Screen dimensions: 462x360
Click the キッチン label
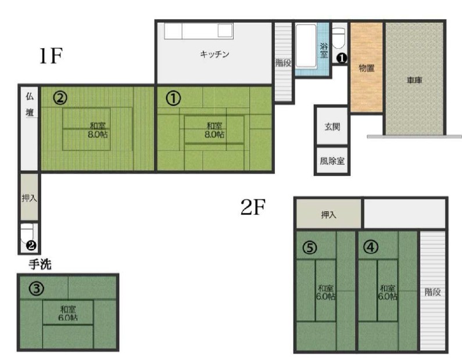click(214, 54)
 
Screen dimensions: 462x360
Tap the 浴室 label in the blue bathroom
click(324, 51)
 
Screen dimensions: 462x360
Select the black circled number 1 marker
click(342, 58)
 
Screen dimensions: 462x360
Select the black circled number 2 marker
click(31, 245)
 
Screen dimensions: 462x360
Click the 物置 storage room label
click(367, 69)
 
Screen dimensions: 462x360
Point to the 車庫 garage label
click(414, 80)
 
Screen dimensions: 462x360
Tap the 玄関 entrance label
click(332, 127)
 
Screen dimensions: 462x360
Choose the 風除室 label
click(332, 161)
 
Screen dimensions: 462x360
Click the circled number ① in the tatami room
click(173, 98)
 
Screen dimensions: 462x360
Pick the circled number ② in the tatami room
click(60, 98)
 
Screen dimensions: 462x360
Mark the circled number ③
click(37, 289)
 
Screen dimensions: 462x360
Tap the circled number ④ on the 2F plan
click(371, 247)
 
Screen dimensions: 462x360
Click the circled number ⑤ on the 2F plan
click(310, 247)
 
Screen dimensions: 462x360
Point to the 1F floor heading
click(51, 56)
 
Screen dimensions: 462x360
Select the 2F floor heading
click(253, 207)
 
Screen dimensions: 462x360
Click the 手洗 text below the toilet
click(40, 264)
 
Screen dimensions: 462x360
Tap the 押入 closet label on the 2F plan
click(328, 215)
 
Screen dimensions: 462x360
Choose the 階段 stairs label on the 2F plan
click(433, 292)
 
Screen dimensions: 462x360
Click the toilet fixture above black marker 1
click(339, 38)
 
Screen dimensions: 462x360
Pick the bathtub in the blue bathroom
click(306, 46)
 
